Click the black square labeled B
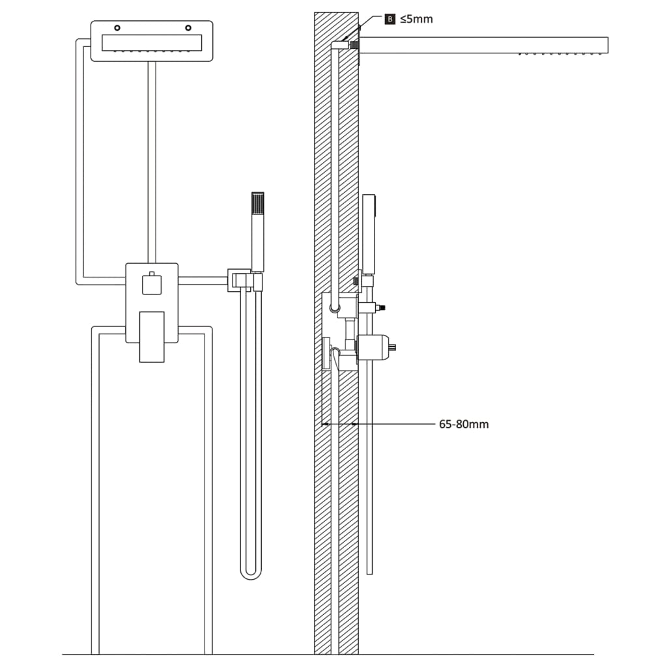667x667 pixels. pos(390,20)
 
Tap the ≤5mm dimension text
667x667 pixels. pos(416,20)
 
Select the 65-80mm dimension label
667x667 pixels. pos(464,425)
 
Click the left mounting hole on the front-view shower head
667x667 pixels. pos(117,28)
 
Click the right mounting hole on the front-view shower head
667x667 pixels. pos(188,28)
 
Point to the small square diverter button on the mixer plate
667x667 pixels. pos(152,285)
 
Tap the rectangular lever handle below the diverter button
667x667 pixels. pos(152,336)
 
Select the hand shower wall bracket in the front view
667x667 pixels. pos(238,280)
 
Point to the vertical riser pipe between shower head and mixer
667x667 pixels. pos(152,163)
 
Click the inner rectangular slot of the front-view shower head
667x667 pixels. pos(152,42)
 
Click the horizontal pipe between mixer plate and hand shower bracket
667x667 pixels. pos(202,281)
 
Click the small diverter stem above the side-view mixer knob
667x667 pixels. pos(378,307)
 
